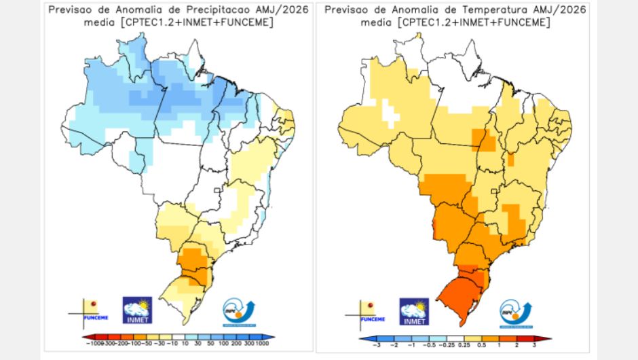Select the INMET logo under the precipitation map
pyautogui.click(x=137, y=310)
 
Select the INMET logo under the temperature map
pyautogui.click(x=414, y=310)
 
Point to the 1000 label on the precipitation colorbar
pyautogui.click(x=261, y=345)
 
